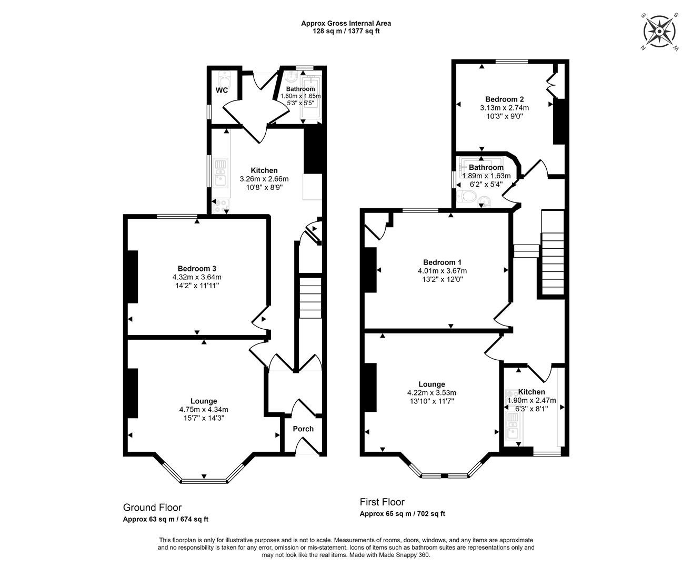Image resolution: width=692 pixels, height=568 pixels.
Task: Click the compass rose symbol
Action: pos(659,32)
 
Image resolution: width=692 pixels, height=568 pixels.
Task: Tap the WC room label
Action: pos(222,90)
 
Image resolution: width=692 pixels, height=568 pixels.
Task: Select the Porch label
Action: pos(303,429)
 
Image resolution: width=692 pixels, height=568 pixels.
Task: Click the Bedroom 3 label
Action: pos(197,269)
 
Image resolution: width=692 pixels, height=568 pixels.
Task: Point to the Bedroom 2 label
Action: pos(505,99)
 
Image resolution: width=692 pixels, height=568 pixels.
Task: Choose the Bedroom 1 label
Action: pos(443,262)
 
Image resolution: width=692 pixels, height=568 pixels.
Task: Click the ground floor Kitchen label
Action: pos(264,170)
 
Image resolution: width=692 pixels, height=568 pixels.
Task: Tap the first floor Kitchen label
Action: pos(531,392)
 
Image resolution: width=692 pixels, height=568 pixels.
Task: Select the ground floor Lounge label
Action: pos(204,401)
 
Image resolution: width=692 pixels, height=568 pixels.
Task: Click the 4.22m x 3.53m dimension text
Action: pos(432,392)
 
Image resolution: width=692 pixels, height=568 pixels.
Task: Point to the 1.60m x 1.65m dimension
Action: pos(300,96)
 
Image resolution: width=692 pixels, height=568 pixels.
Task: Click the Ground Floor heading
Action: pos(152,508)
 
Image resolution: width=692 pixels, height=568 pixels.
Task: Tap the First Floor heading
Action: pos(382,502)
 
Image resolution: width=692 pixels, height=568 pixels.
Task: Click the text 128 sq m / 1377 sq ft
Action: pos(346,32)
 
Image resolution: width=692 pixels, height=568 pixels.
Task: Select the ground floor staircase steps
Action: pos(310,298)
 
